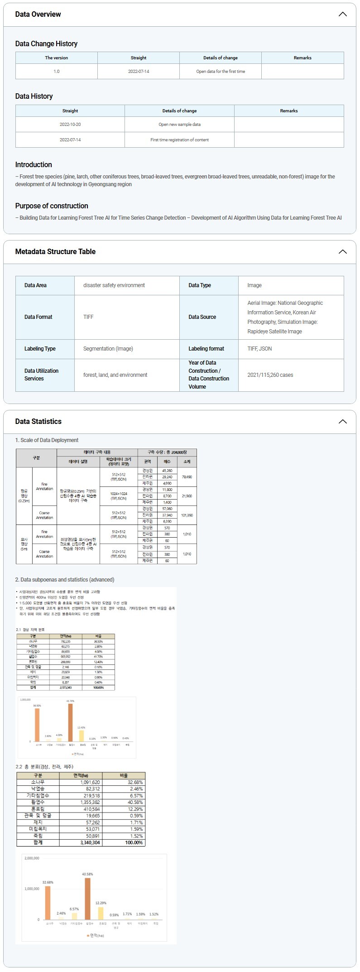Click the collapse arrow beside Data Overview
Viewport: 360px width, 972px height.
[343, 14]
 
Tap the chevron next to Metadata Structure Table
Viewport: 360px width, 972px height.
[343, 252]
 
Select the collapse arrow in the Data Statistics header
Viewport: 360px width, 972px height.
[343, 422]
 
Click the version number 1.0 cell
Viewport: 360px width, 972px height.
[57, 72]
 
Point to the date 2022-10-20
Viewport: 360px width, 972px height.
[70, 125]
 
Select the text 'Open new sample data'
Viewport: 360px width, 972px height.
[179, 125]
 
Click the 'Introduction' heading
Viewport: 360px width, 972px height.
[34, 165]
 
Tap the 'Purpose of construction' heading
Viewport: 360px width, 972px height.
[52, 206]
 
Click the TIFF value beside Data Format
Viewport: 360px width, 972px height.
[88, 317]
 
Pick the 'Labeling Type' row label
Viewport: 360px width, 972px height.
[40, 349]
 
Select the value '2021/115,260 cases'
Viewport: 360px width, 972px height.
[270, 375]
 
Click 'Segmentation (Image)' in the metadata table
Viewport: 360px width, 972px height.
[108, 349]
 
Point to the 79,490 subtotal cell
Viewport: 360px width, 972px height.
[187, 477]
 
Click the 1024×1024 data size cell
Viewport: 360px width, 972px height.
[119, 496]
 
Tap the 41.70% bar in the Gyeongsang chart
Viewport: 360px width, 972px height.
[70, 722]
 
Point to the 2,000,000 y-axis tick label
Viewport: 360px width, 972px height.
[32, 858]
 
